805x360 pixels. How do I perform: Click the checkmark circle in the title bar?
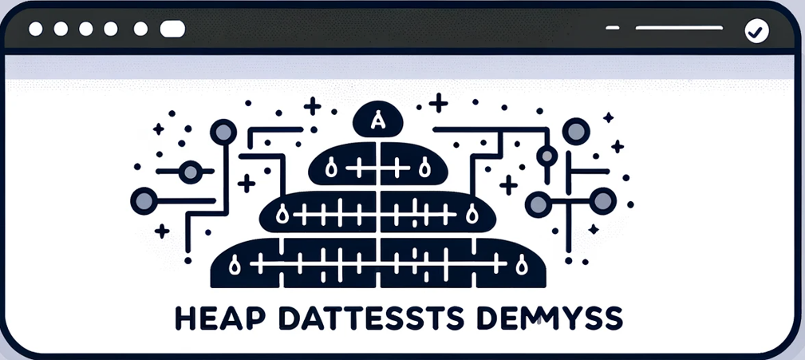click(755, 31)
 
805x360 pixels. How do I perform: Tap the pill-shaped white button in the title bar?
click(172, 30)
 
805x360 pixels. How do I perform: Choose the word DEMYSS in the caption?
click(560, 316)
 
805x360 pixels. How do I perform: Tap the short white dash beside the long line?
click(612, 29)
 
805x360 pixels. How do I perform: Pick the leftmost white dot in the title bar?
click(34, 30)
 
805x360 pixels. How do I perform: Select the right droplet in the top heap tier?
click(424, 167)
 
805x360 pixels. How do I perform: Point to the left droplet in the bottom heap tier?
click(234, 264)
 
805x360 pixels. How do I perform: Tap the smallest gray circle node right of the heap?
click(547, 155)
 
